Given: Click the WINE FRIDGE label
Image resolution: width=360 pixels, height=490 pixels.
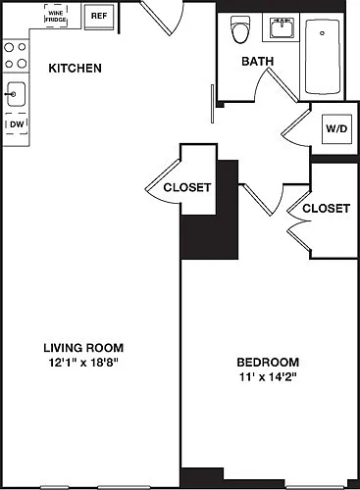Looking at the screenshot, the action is pos(56,17).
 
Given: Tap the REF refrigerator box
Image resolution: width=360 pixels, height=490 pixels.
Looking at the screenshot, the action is pos(99,16).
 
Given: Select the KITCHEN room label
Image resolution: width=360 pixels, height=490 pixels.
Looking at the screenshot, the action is pos(75,69).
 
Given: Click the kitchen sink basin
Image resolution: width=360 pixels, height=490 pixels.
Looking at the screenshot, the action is pos(16,94).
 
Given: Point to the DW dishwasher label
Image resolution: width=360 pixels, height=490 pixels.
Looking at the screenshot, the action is pos(17,124).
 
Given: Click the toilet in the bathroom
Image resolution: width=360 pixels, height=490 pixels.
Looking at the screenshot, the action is pos(240,29).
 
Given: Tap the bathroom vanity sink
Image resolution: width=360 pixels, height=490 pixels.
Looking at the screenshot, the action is pos(282,27).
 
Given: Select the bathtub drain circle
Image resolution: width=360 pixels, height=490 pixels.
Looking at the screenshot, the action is pos(322,33).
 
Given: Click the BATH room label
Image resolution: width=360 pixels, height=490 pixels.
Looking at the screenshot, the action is pos(258,61).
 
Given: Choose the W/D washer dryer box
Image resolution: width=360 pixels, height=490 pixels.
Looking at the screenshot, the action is pos(336,128).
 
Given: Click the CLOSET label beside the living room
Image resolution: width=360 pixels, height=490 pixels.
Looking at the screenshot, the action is pos(187,187).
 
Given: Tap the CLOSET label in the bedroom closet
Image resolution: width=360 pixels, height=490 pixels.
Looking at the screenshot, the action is pos(326,209).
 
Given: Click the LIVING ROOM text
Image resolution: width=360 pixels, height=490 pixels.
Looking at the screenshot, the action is pos(83,348).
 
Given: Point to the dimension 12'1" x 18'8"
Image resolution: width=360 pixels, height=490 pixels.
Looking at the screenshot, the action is pos(83,363).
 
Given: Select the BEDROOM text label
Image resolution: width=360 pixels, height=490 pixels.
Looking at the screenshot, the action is pos(268,363).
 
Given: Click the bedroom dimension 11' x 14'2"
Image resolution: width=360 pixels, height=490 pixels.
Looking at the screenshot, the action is pos(268,377).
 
